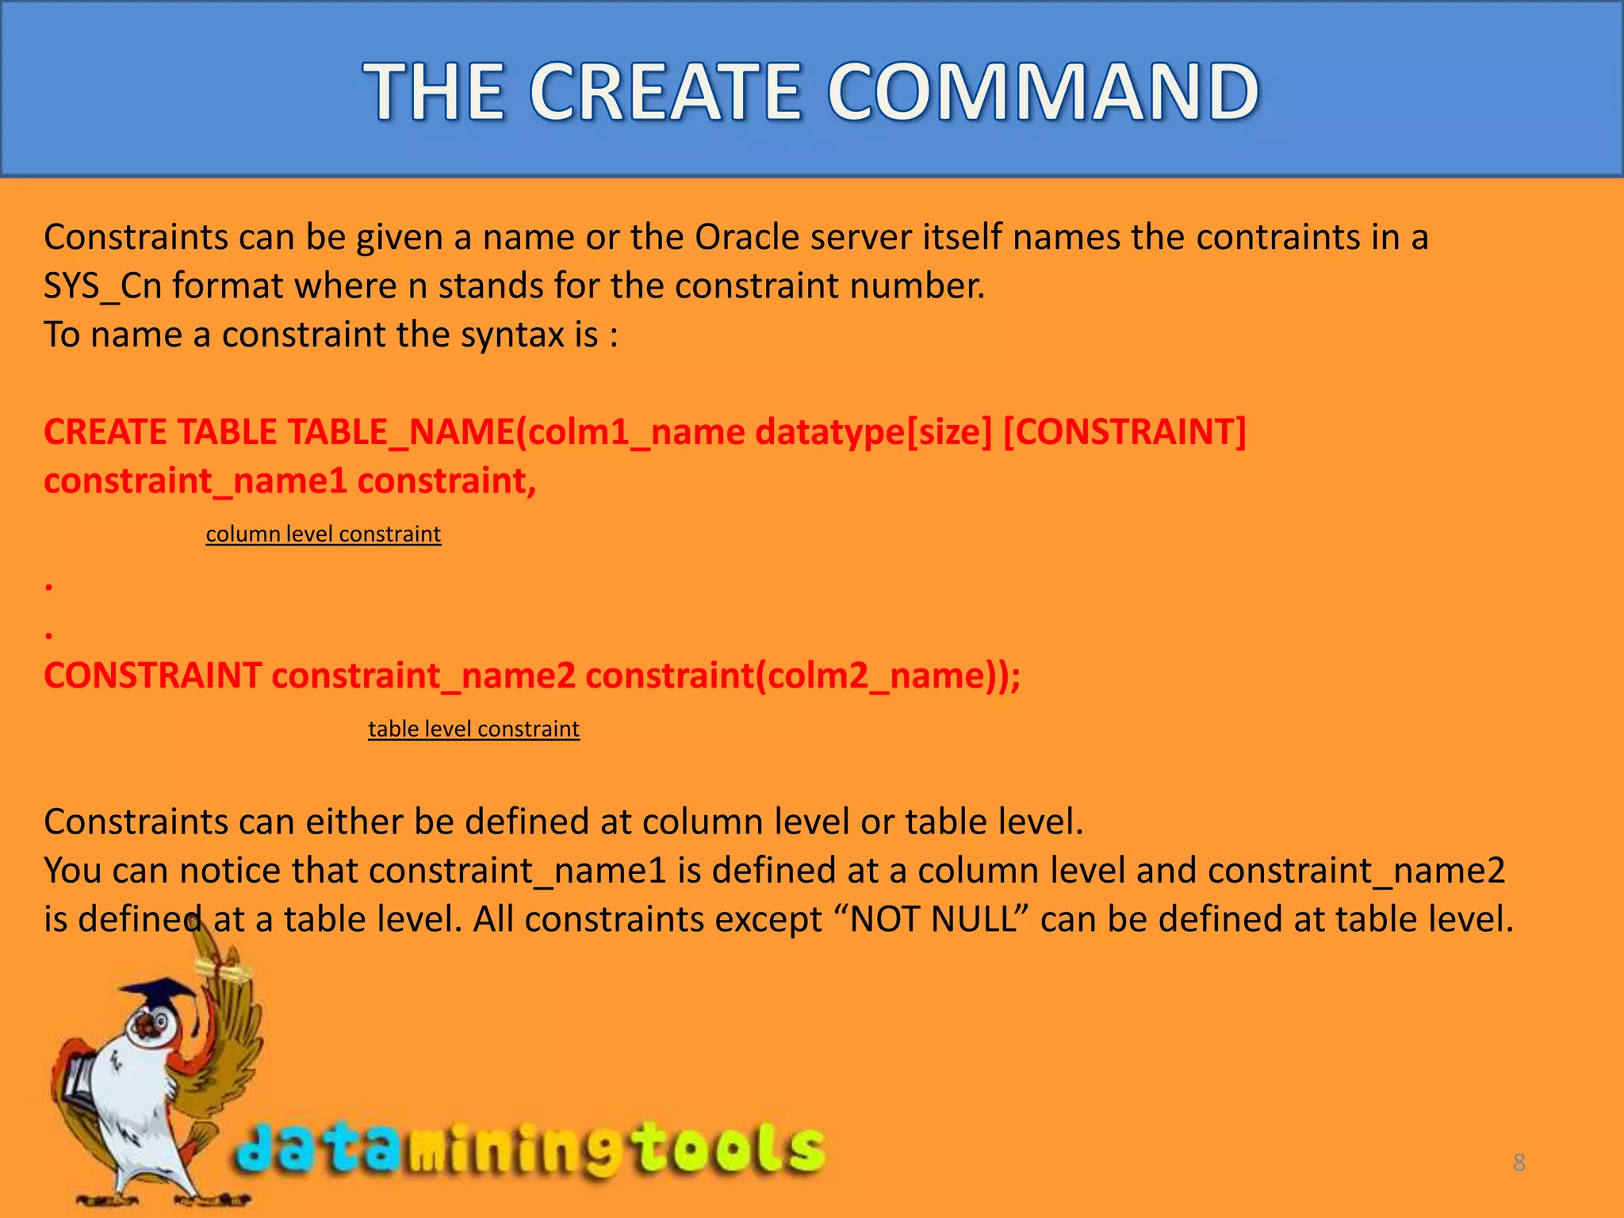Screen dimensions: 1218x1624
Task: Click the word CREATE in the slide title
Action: coord(665,93)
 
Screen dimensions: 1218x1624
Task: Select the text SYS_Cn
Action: coord(102,286)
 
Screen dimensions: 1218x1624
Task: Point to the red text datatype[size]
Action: coord(873,432)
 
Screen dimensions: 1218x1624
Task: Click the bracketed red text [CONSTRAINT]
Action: coord(1124,432)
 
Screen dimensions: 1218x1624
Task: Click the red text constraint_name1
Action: coord(195,481)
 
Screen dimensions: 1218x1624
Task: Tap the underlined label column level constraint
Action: coord(323,534)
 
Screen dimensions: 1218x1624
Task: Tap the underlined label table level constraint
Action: coord(473,729)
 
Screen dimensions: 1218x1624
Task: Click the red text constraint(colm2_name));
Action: coord(802,676)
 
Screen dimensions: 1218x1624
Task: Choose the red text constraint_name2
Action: coord(423,676)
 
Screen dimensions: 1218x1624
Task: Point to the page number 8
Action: coord(1519,1162)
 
